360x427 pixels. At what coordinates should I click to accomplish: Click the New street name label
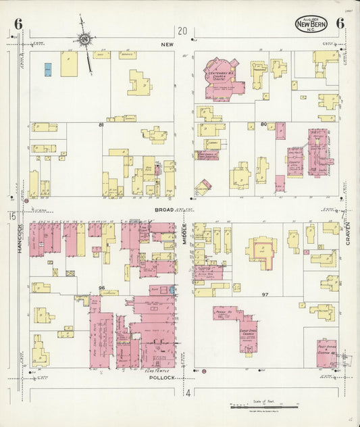click(x=167, y=44)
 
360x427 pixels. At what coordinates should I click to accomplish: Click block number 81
click(x=101, y=125)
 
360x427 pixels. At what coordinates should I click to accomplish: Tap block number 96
click(x=101, y=288)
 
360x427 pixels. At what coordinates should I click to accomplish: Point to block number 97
click(x=265, y=295)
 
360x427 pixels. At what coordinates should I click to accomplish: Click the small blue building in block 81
click(x=48, y=69)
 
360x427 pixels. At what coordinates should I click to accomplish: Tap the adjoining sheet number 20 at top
click(x=182, y=30)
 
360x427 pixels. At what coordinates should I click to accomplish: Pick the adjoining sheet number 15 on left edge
click(x=12, y=216)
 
